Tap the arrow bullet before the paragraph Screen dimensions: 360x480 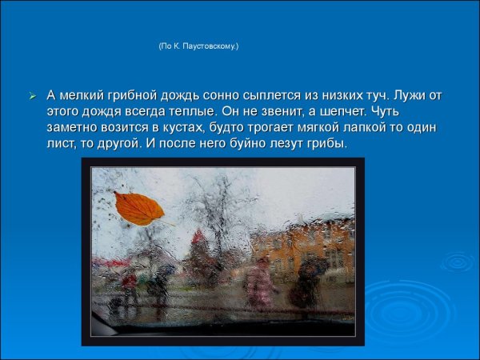point(33,96)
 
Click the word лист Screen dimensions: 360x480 point(62,145)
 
